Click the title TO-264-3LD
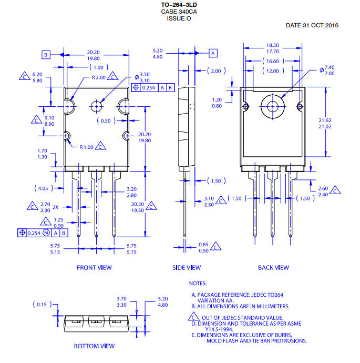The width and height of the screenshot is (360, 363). click(x=179, y=5)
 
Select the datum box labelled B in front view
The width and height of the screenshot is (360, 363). click(x=46, y=55)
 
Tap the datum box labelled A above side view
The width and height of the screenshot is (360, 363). click(x=213, y=53)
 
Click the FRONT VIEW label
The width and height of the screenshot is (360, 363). click(x=94, y=268)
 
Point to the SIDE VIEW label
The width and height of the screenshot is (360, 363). click(x=187, y=268)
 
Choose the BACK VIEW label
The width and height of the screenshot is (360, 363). click(x=273, y=268)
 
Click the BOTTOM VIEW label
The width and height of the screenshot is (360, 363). click(x=94, y=346)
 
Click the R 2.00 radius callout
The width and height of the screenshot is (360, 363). click(x=98, y=77)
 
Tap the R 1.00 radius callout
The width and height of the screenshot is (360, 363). click(x=86, y=147)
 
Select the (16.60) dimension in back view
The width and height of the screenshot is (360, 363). click(x=273, y=61)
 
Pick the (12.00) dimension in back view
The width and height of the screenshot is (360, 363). click(x=273, y=71)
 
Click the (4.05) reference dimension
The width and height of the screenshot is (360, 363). click(x=43, y=188)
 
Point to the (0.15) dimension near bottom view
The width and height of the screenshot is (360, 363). click(x=42, y=305)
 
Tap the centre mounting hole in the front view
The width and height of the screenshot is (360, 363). click(x=96, y=106)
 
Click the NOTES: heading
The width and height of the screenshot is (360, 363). click(x=198, y=284)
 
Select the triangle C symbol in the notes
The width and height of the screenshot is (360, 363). click(x=194, y=317)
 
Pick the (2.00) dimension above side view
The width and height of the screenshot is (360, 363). click(x=217, y=71)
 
